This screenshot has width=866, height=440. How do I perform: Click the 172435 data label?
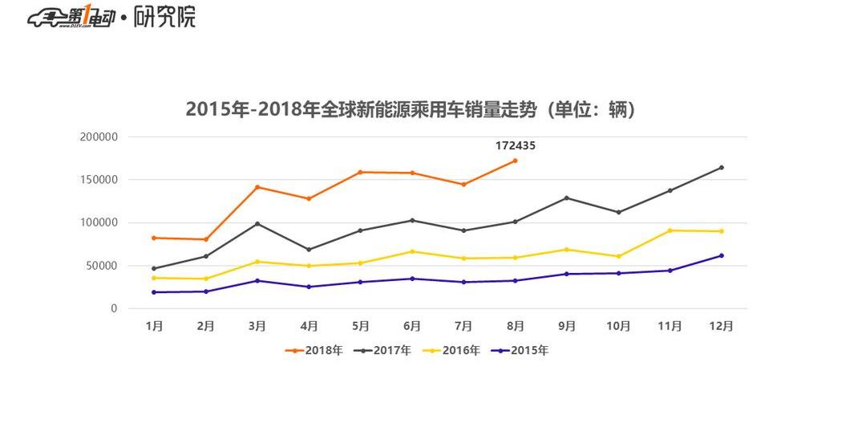tap(515, 146)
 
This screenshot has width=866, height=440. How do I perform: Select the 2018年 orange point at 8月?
tap(515, 161)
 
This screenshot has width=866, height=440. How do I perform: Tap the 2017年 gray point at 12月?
tap(721, 167)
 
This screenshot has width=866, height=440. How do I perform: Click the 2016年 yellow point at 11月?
tap(670, 230)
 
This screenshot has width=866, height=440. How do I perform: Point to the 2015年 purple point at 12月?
tap(721, 255)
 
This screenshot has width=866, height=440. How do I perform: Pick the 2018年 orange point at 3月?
tap(257, 187)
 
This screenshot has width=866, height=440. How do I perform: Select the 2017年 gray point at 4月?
tap(309, 249)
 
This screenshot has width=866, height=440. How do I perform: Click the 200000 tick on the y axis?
tap(99, 136)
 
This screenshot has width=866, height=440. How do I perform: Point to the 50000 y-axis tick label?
tap(102, 266)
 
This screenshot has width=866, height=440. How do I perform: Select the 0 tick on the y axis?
tap(114, 308)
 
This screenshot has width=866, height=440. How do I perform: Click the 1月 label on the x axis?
tap(154, 326)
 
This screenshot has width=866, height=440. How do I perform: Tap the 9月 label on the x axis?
tap(566, 326)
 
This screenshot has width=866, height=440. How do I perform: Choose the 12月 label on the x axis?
tap(721, 326)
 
